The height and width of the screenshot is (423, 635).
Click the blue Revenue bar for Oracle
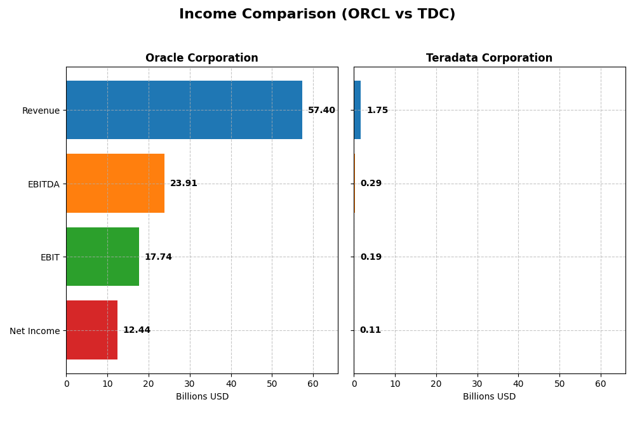click(184, 110)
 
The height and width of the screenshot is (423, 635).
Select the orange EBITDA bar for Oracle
click(115, 183)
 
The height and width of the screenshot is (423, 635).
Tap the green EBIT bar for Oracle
click(102, 257)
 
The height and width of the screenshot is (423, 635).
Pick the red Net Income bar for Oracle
click(91, 330)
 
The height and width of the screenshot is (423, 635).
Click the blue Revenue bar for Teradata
click(358, 110)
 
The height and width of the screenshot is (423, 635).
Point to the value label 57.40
click(321, 111)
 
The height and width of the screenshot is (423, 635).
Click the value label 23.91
click(184, 184)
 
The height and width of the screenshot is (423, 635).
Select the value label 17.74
click(158, 257)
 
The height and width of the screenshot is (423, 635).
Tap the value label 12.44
click(137, 330)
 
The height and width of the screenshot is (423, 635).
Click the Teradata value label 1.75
click(377, 111)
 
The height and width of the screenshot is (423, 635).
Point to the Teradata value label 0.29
click(371, 184)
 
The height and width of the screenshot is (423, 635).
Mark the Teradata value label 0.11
click(370, 330)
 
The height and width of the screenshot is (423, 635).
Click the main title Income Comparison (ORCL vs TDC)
click(317, 14)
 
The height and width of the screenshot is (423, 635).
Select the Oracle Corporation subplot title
click(201, 58)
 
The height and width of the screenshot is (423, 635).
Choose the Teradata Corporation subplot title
click(489, 58)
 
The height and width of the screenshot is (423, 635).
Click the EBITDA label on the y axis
click(43, 184)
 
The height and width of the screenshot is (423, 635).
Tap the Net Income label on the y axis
click(35, 331)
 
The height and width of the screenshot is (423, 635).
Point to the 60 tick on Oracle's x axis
click(313, 384)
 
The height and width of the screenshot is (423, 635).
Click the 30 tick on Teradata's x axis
click(477, 384)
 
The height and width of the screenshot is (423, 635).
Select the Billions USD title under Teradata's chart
click(489, 397)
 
